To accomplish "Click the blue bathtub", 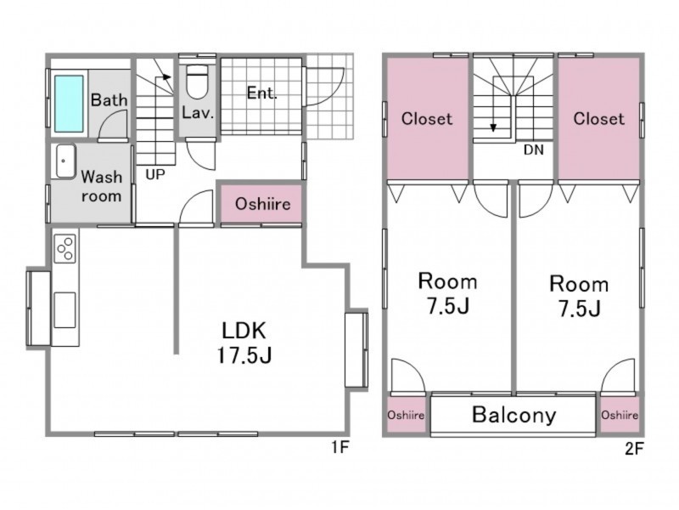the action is (69, 104).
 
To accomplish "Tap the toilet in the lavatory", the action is (197, 82).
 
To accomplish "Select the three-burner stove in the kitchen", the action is (65, 248).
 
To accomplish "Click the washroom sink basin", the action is (65, 161).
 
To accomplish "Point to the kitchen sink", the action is (65, 310).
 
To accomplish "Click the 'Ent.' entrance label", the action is (261, 93).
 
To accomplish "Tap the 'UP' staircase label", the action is (155, 174).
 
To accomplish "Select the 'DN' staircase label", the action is (533, 150).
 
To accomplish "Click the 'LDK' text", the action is (244, 331).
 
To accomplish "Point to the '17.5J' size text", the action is (244, 355).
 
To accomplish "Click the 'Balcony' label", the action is (514, 415).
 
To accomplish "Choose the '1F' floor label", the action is (340, 447).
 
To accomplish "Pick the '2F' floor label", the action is (634, 449).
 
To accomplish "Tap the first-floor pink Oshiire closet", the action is (261, 204).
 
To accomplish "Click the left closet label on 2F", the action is (427, 118).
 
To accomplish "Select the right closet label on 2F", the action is (599, 118).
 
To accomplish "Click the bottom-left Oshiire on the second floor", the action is (406, 415).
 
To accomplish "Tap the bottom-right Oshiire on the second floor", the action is (620, 415).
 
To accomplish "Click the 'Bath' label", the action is (109, 100).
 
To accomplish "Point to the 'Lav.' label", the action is (198, 113).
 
